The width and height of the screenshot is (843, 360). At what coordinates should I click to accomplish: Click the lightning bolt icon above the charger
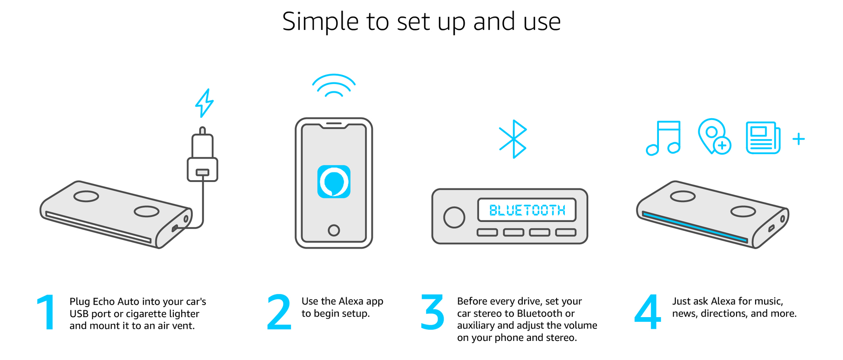point(204,103)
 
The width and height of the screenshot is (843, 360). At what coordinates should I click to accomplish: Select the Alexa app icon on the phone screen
point(334,182)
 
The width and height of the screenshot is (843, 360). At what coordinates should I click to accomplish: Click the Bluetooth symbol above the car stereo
point(513,139)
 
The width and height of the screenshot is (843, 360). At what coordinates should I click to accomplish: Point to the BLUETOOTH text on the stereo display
point(527,211)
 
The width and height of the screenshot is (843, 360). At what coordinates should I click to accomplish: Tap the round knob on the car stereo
point(454,217)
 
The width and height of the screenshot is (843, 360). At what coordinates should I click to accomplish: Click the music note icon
point(663,138)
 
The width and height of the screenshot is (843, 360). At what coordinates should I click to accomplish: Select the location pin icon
point(714,136)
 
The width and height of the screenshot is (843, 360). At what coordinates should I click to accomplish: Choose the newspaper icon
point(763,138)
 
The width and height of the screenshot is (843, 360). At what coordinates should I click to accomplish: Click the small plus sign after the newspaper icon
point(798,139)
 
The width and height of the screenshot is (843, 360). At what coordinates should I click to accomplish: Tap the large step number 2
point(279,312)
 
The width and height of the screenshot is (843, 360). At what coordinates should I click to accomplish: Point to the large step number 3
point(432,312)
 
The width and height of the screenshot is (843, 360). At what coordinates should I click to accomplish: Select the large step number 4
point(648,312)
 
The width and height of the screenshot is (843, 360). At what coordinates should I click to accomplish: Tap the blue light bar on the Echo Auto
point(695,227)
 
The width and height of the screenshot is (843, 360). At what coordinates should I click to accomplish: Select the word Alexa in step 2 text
point(351,301)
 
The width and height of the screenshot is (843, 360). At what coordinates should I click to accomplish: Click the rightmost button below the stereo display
point(566,233)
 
